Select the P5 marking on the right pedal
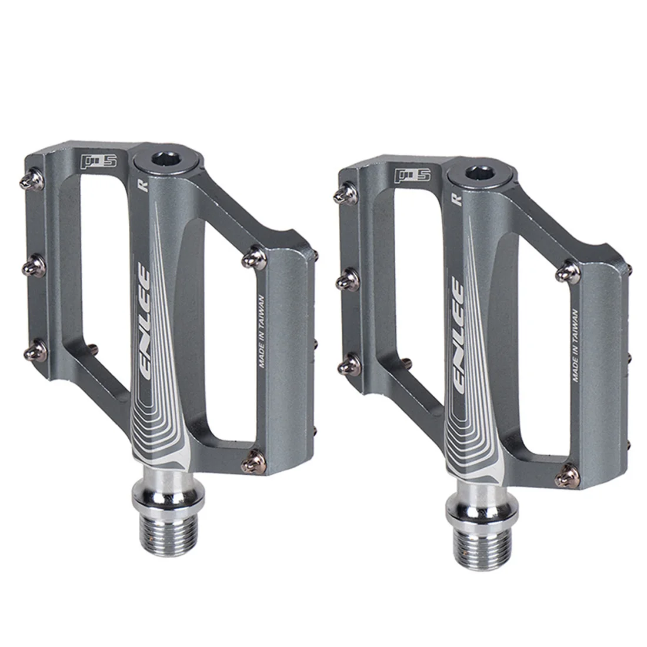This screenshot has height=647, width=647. (x=413, y=175)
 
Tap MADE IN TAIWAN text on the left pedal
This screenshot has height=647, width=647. (x=262, y=331)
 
